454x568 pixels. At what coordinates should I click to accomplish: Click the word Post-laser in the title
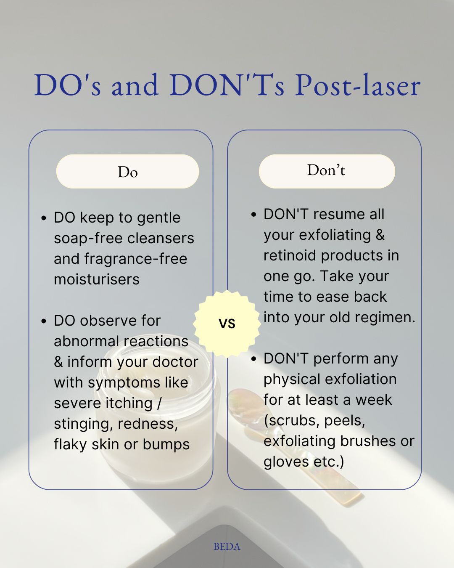click(357, 85)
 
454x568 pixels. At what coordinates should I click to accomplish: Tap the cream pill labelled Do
click(127, 171)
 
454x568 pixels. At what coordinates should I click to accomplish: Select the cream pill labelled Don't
click(327, 171)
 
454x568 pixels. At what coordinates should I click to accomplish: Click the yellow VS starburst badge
click(227, 324)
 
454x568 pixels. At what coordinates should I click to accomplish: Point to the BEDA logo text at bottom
click(227, 547)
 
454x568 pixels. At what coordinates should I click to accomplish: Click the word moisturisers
click(97, 279)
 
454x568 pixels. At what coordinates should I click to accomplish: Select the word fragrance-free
click(136, 259)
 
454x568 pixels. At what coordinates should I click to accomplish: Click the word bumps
click(166, 444)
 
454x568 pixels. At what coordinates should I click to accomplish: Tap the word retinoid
click(290, 255)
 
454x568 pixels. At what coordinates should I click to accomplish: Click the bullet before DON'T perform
click(254, 359)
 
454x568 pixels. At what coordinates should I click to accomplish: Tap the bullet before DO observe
click(44, 321)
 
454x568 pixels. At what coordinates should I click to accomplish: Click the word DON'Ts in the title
click(227, 85)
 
